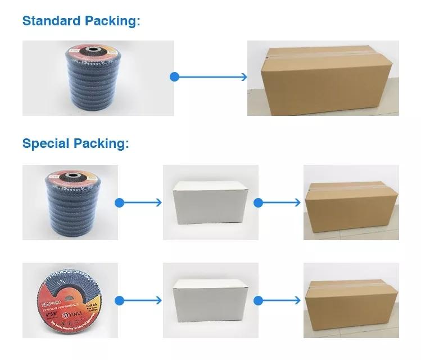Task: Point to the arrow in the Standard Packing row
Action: [210, 77]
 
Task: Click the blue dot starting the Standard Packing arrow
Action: [174, 77]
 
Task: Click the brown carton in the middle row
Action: [351, 202]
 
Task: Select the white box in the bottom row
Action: [210, 301]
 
